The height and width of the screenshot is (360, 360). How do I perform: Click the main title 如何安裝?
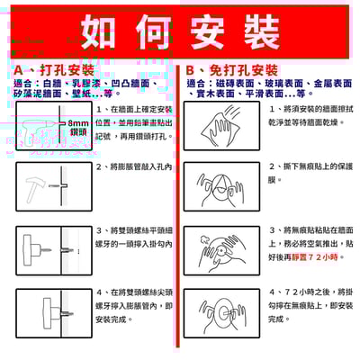tap(180, 31)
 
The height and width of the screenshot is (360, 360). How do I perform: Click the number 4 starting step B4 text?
tap(272, 292)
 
